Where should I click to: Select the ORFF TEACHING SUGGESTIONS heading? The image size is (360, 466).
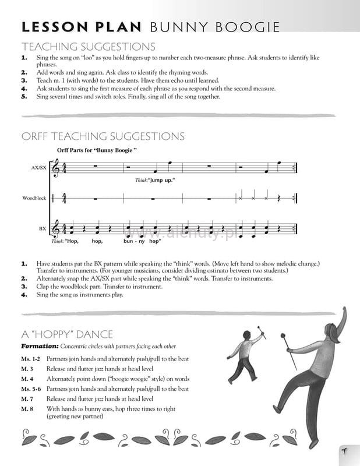[x=103, y=136]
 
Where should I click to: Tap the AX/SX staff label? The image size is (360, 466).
[x=38, y=168]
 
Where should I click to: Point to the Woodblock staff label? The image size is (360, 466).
[x=34, y=198]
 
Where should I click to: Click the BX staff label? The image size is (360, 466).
[x=42, y=229]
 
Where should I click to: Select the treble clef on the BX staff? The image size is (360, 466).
[x=57, y=228]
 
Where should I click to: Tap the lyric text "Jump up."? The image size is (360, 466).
[x=162, y=180]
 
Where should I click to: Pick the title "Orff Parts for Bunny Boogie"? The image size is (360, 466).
[x=97, y=150]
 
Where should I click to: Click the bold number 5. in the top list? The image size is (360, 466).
[x=24, y=97]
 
